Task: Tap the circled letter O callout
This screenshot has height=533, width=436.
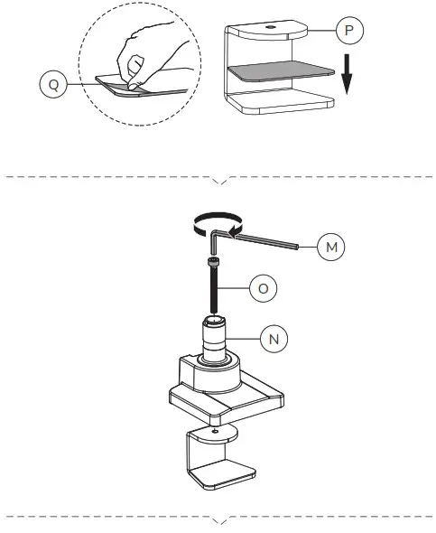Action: point(263,289)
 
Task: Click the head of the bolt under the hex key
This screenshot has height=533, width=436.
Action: point(214,263)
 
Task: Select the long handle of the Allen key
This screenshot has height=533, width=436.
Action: point(266,239)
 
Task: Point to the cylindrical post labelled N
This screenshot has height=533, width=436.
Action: point(216,338)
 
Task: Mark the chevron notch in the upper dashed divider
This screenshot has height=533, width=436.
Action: point(219,180)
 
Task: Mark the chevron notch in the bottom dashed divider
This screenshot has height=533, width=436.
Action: point(219,520)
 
